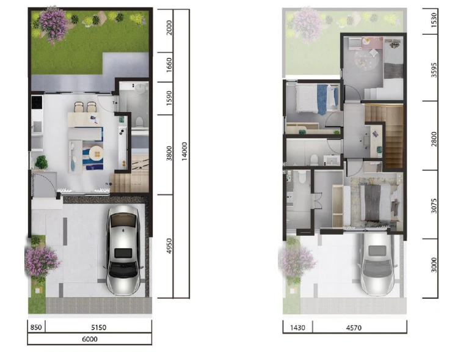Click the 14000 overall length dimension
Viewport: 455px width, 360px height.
(x=184, y=151)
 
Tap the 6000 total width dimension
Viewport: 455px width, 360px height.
(x=90, y=339)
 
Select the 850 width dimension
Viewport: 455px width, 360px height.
(x=36, y=328)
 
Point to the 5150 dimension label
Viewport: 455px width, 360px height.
(x=99, y=328)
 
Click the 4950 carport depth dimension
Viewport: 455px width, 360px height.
(x=169, y=246)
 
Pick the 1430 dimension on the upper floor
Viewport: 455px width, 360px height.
(x=297, y=328)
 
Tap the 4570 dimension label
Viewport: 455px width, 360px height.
(x=354, y=328)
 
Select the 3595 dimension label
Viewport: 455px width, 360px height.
(x=434, y=70)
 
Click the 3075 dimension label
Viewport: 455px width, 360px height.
(x=434, y=206)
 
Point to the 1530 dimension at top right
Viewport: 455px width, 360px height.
(x=434, y=20)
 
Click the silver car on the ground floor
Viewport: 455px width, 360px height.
(x=123, y=251)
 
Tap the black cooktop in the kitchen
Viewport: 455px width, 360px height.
(x=37, y=102)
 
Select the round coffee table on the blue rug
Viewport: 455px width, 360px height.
(x=96, y=153)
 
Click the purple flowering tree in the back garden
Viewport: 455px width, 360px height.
(x=53, y=24)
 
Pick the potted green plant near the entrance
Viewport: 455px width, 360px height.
(x=41, y=162)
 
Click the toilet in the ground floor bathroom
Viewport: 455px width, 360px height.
(x=139, y=122)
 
